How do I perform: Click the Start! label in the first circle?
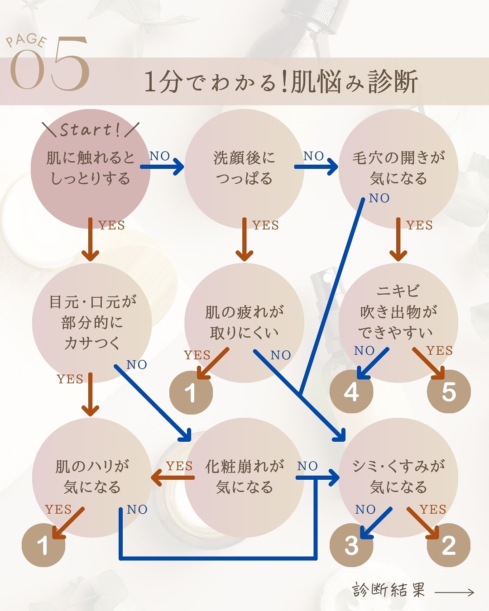[90, 130]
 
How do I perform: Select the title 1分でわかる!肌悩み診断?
[281, 82]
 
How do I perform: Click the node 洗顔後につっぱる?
[244, 168]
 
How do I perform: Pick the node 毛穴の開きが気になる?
[398, 168]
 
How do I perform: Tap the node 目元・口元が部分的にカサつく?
[92, 322]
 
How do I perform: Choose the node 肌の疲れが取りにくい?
[244, 322]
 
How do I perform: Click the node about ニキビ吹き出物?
[398, 312]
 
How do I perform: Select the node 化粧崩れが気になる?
[244, 477]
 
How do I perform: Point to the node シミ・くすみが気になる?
[398, 477]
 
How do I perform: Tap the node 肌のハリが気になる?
[92, 477]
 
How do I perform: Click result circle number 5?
[449, 391]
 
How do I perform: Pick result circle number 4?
[351, 391]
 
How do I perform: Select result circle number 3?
[351, 545]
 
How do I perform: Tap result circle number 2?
[449, 545]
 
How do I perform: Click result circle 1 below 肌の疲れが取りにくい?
[191, 393]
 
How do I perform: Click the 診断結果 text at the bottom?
[389, 590]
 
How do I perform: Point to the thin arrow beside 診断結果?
[454, 592]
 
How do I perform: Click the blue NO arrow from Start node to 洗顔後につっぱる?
[162, 167]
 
